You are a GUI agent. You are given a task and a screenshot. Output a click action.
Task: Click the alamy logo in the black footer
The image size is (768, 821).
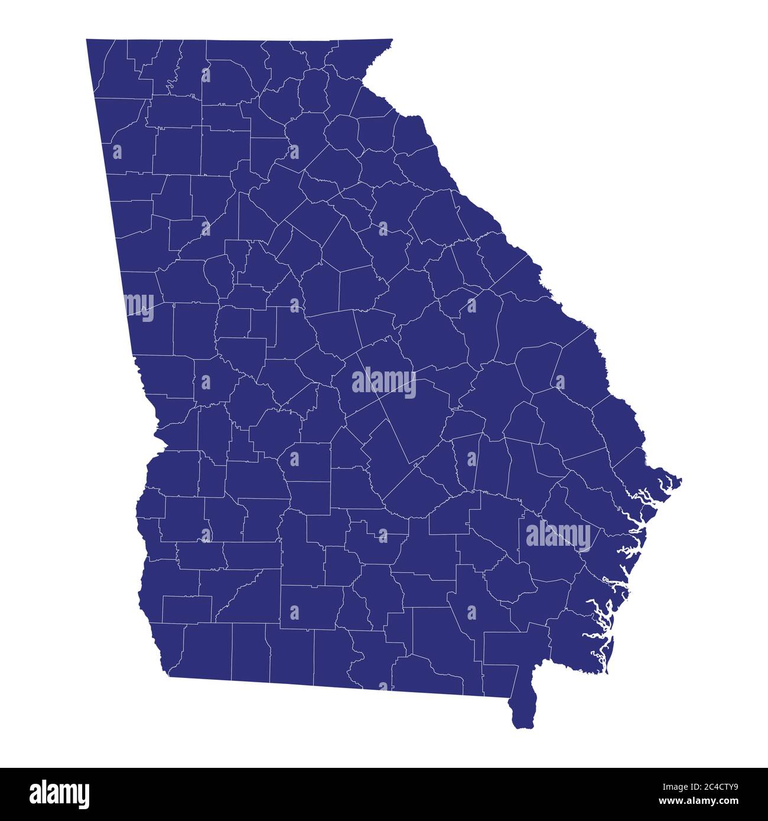pos(60,794)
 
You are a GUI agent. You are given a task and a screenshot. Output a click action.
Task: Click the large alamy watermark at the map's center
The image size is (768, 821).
pos(384,383)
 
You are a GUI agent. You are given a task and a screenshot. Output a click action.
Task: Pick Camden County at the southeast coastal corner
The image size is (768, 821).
pos(576,644)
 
